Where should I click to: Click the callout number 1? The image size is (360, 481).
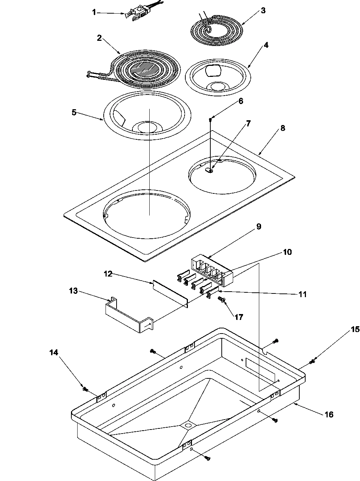tap(94, 12)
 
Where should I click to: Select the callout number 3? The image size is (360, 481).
tap(263, 10)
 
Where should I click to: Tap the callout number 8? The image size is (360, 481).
tap(282, 128)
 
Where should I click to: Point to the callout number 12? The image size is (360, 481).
tap(107, 274)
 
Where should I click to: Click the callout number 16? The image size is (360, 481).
tap(329, 414)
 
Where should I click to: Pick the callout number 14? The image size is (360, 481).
tap(54, 352)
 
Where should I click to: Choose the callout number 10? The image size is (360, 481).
tap(287, 252)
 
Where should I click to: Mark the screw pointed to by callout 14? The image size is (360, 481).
tap(85, 388)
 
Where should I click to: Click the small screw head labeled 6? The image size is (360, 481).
tap(210, 119)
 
